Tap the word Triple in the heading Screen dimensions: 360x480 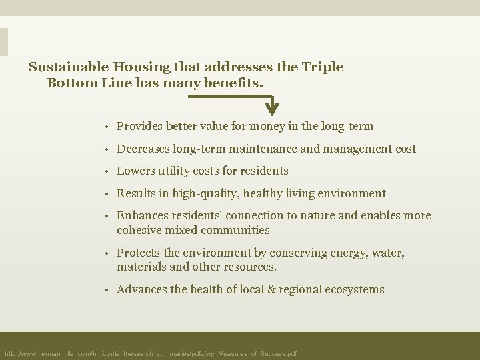(x=324, y=67)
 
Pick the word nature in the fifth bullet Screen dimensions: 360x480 (x=313, y=216)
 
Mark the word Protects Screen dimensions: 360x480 (x=138, y=253)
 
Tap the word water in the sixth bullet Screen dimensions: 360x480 (x=388, y=253)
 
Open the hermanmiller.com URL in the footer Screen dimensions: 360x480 (x=151, y=353)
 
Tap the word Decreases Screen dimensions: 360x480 (x=143, y=149)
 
